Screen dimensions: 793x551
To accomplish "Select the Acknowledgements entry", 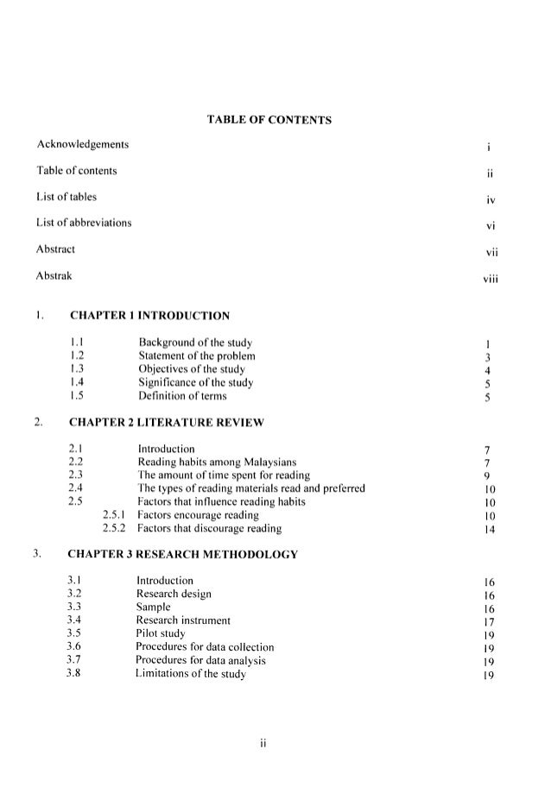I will point(85,143).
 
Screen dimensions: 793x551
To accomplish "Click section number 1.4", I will point(76,381).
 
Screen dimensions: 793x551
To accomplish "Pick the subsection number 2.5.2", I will point(114,528).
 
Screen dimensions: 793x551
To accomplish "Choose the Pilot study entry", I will point(163,633).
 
